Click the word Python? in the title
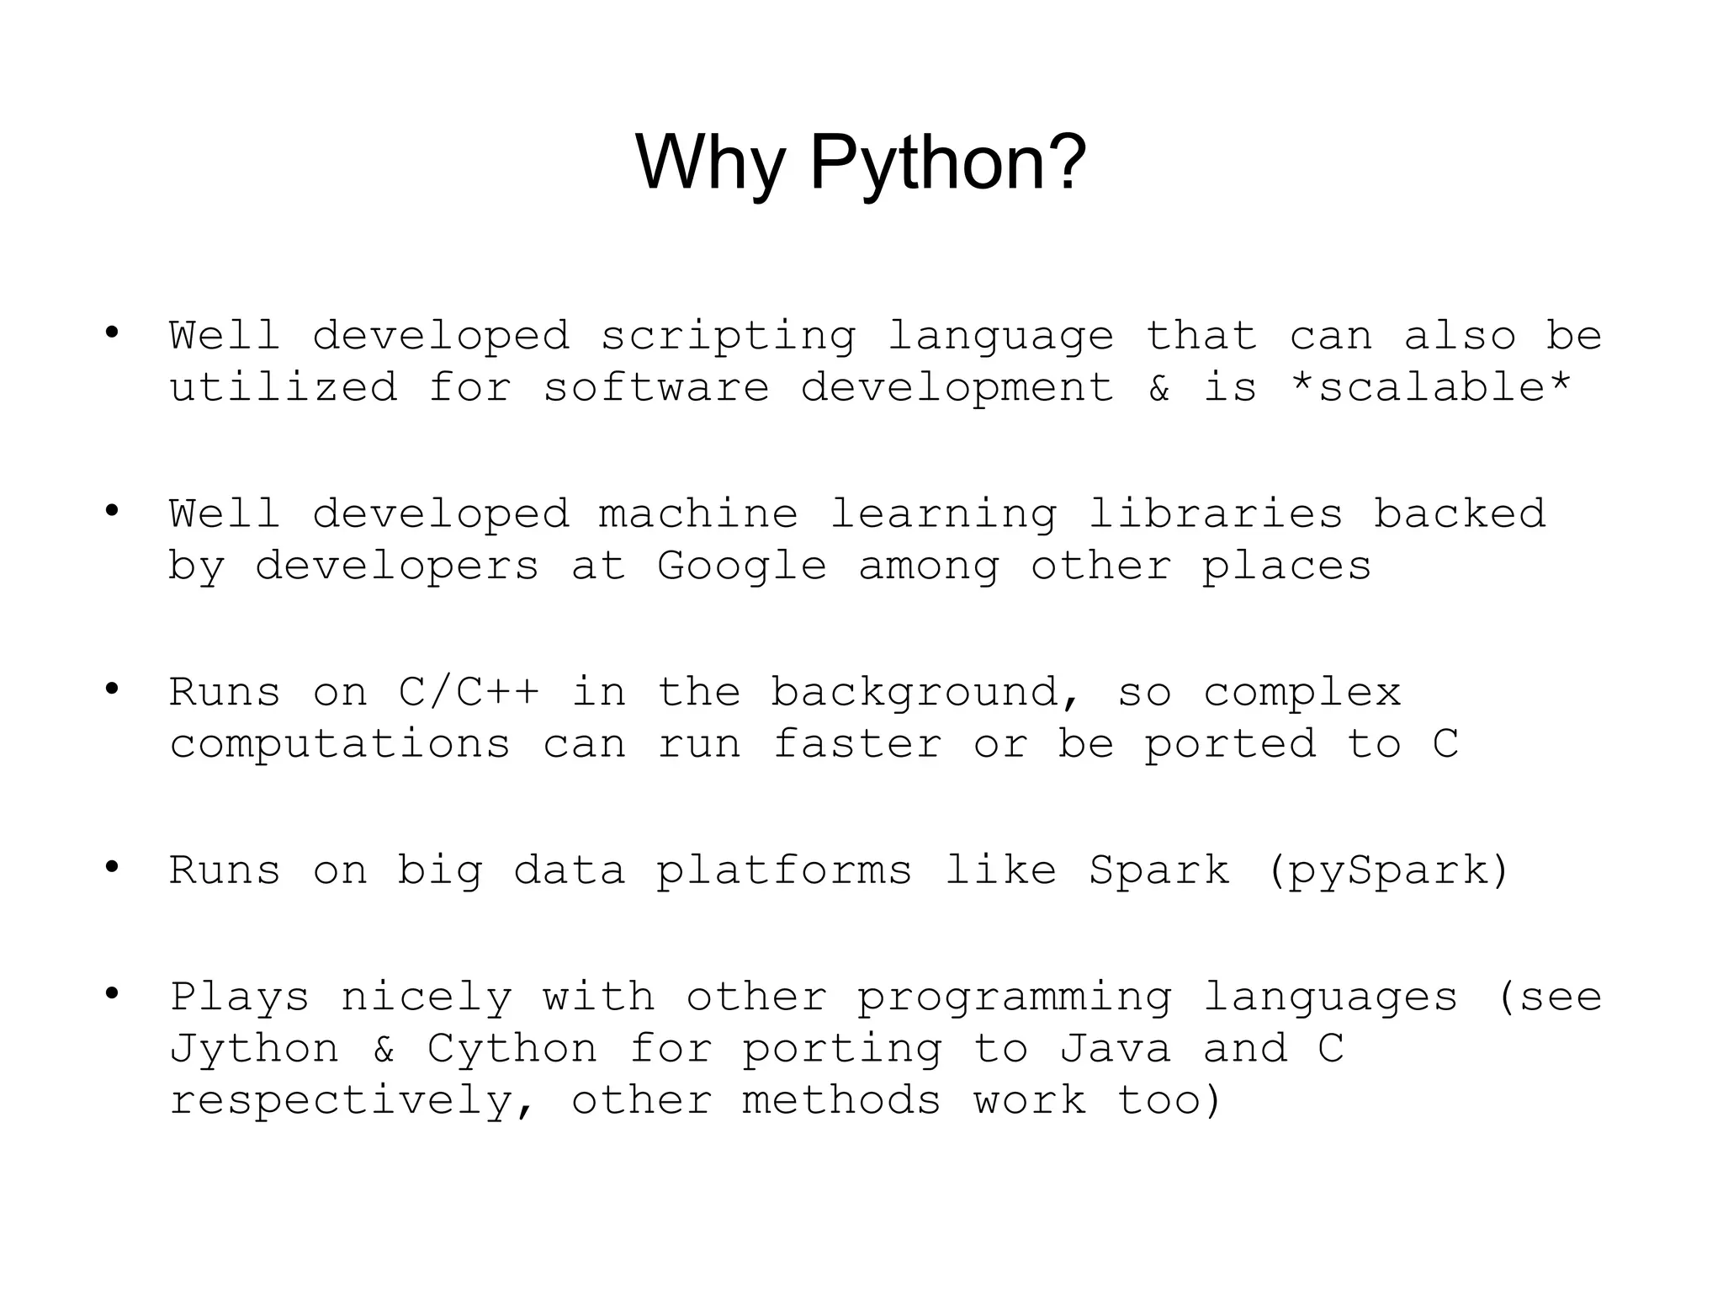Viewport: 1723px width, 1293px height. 947,163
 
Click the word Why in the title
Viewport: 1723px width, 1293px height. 709,163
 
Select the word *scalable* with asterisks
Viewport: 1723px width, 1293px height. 1430,388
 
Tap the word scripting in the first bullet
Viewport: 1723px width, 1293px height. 728,337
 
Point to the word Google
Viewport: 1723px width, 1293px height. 741,566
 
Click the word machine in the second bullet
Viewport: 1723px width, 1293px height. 698,514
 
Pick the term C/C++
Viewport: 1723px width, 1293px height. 469,693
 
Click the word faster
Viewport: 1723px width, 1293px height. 856,744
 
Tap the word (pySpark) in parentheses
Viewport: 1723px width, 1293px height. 1388,871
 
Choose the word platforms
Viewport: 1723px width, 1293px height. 784,871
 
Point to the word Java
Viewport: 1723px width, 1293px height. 1115,1049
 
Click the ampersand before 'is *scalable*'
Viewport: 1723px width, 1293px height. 1159,388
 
